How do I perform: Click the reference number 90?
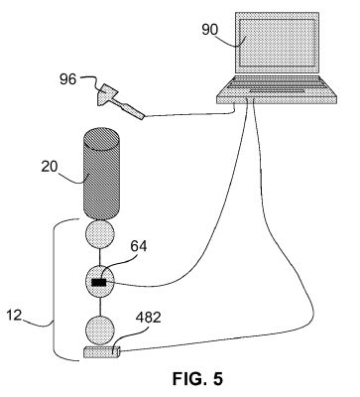(210, 30)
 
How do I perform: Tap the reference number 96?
(67, 79)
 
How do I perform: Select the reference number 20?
(50, 167)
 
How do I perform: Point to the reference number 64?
(139, 246)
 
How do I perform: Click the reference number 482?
(148, 318)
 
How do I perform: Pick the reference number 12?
(14, 316)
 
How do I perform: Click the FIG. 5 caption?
(197, 378)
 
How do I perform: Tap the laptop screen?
(277, 43)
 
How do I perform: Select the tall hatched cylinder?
(100, 174)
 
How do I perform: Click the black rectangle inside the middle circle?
(99, 282)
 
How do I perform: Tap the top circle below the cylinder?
(100, 234)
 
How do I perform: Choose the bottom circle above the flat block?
(100, 331)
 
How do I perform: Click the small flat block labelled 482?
(102, 351)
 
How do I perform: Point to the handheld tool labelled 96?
(120, 101)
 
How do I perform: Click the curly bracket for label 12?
(54, 290)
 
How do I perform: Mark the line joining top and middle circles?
(100, 257)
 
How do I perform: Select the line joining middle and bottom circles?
(100, 308)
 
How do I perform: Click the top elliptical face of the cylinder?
(101, 139)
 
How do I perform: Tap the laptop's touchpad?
(277, 90)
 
